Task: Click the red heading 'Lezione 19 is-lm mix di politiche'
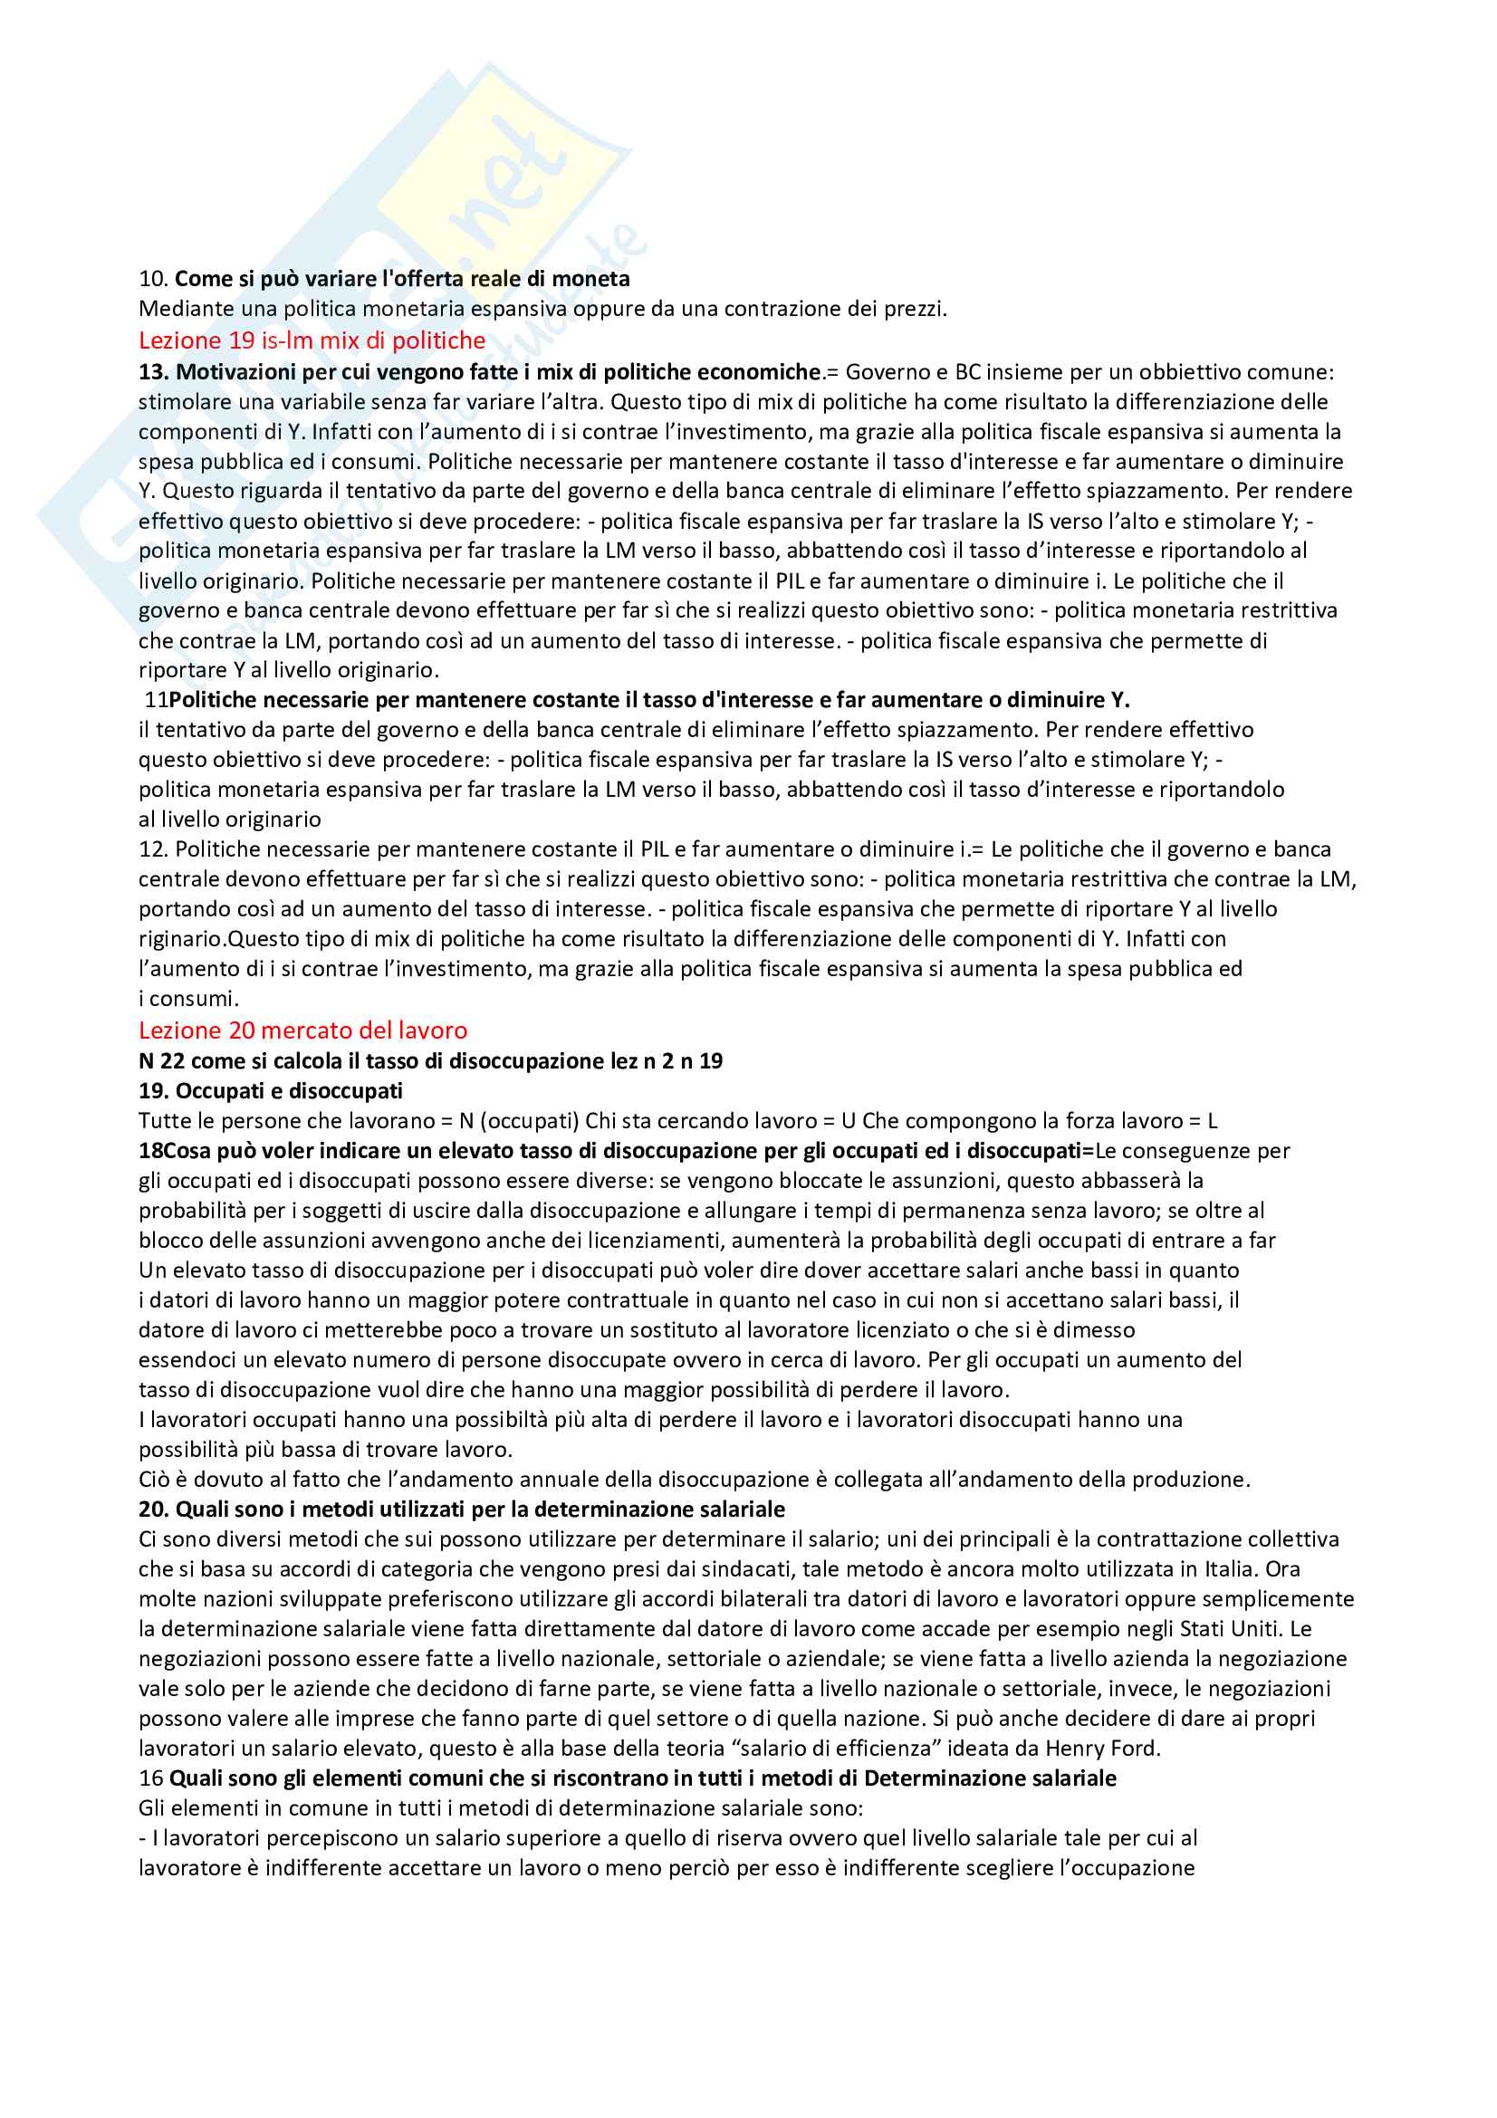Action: [x=312, y=340]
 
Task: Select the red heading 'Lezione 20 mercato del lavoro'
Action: [x=302, y=1030]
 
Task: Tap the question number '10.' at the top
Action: [x=153, y=279]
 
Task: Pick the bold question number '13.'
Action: [x=153, y=372]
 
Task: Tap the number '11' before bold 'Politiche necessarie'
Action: [x=156, y=700]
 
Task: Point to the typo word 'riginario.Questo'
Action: [x=215, y=939]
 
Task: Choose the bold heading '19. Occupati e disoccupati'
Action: [x=270, y=1091]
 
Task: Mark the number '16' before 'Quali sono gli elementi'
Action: [x=150, y=1778]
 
